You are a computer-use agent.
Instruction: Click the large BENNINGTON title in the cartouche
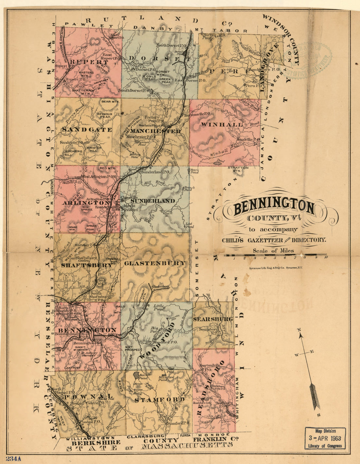pyautogui.click(x=274, y=207)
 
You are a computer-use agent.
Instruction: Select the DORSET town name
pyautogui.click(x=160, y=59)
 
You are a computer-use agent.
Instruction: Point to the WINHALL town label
pyautogui.click(x=217, y=124)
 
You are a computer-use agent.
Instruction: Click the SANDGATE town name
pyautogui.click(x=86, y=130)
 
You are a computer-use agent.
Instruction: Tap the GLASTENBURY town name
pyautogui.click(x=155, y=263)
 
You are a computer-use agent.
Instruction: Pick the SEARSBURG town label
pyautogui.click(x=213, y=319)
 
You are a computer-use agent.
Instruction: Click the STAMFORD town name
pyautogui.click(x=159, y=399)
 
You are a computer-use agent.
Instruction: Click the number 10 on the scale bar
pyautogui.click(x=326, y=258)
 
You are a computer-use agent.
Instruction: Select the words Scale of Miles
pyautogui.click(x=273, y=251)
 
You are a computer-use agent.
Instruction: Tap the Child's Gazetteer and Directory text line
pyautogui.click(x=274, y=240)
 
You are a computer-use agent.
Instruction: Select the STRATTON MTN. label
pyautogui.click(x=238, y=169)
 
